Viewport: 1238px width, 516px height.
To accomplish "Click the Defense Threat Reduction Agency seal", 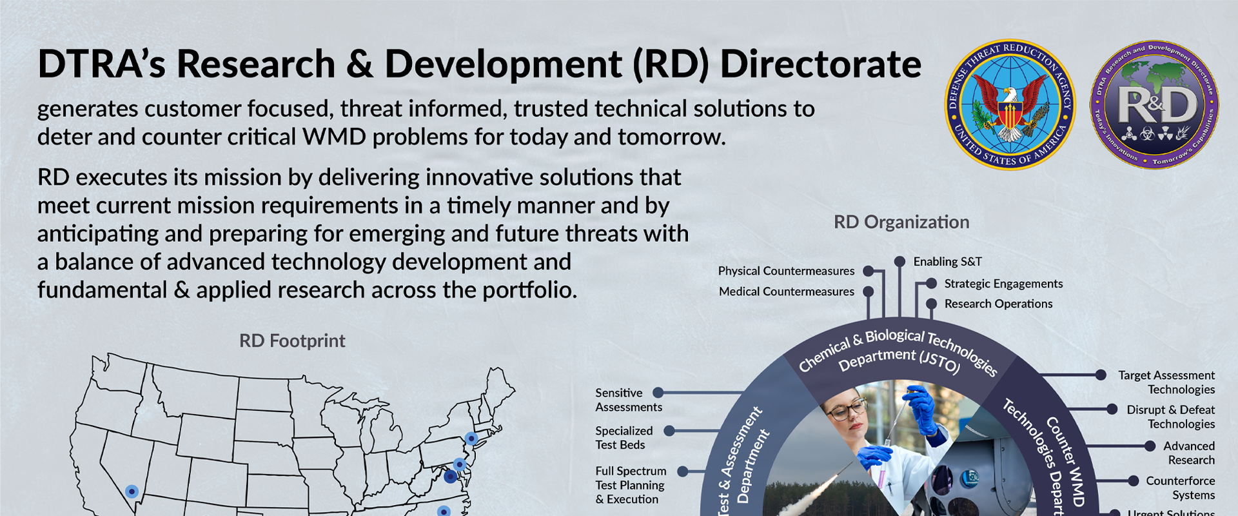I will click(x=1010, y=104).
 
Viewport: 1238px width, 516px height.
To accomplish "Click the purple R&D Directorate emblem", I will click(x=1154, y=104).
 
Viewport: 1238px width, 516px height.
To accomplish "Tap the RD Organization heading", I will click(x=901, y=223).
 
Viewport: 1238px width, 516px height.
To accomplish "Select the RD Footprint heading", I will click(x=292, y=341).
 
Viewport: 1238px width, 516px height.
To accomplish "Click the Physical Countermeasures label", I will click(x=786, y=271).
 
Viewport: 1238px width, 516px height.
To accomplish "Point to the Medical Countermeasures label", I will click(x=786, y=292).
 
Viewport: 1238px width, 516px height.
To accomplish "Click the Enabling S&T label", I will click(x=947, y=262).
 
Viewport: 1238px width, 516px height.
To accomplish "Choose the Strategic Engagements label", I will click(x=1003, y=284).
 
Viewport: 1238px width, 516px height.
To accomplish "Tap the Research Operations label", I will click(x=998, y=304).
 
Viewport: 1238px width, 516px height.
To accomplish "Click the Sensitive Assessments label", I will click(x=628, y=400).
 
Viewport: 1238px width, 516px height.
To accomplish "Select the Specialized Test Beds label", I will click(x=624, y=437).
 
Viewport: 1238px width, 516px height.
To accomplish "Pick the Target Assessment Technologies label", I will click(x=1166, y=382).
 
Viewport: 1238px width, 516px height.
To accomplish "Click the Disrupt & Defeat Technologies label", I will click(x=1170, y=417).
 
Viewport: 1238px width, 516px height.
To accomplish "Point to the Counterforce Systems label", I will click(x=1180, y=488).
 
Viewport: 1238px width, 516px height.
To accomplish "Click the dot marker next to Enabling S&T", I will click(x=899, y=261).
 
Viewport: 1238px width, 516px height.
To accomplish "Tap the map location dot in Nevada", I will click(x=132, y=491).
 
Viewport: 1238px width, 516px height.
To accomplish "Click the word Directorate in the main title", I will click(x=820, y=64).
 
